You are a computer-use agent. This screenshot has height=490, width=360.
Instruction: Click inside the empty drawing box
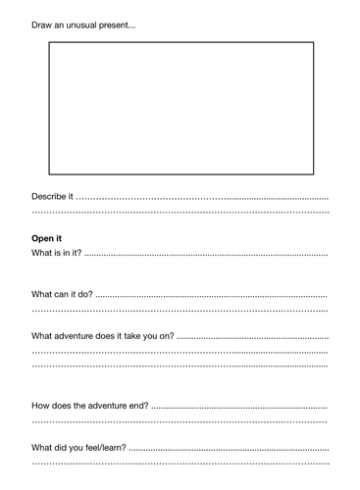tap(180, 108)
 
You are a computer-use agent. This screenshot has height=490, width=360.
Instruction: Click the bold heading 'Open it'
tap(46, 238)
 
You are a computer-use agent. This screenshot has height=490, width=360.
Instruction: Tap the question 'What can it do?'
tap(62, 294)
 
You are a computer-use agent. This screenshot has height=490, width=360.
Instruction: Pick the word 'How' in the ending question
tap(41, 405)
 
